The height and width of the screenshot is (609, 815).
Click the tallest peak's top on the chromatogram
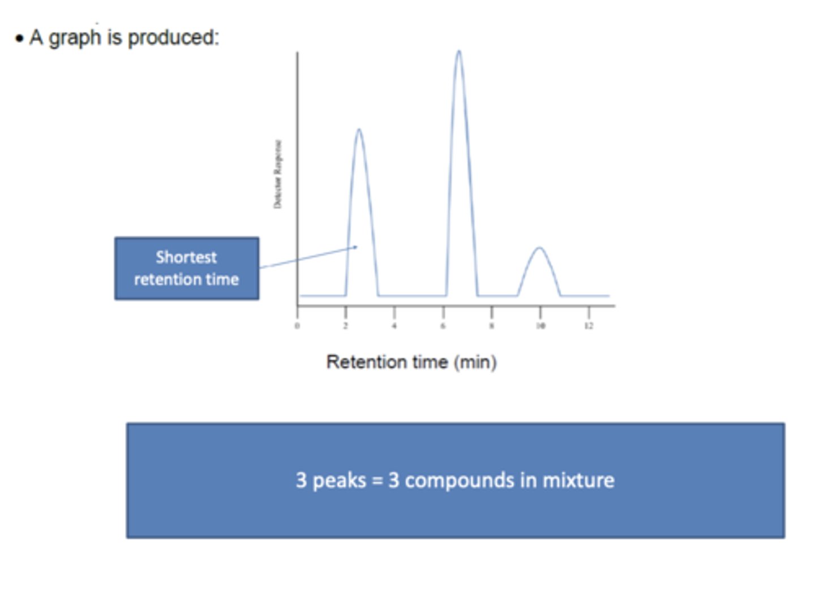click(458, 52)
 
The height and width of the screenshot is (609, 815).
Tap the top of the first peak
click(359, 130)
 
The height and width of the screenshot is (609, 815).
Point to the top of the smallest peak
click(539, 248)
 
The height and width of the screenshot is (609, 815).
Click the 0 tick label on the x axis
click(297, 326)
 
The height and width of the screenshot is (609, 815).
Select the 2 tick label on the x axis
click(345, 326)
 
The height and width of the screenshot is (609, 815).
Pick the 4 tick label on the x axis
click(394, 326)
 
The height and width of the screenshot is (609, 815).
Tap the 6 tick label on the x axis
click(443, 326)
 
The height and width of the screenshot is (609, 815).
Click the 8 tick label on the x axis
click(491, 326)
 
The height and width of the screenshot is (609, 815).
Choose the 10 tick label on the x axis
click(541, 326)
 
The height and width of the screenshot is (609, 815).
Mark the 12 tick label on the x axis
click(589, 326)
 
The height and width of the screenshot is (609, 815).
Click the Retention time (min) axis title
click(411, 362)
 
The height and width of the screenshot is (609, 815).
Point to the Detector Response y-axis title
click(277, 174)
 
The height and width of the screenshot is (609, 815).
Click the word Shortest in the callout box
click(186, 257)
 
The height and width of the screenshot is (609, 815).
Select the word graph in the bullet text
click(75, 38)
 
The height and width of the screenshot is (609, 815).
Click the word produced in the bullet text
click(173, 38)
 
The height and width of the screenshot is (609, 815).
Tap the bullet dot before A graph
click(20, 39)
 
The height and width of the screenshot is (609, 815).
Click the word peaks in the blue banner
click(340, 481)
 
